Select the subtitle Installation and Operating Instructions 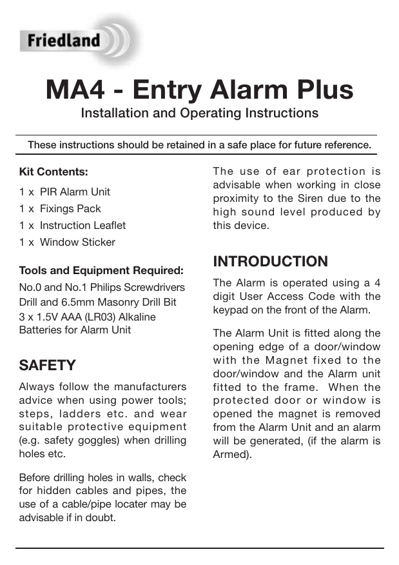pyautogui.click(x=199, y=114)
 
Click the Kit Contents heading pyautogui.click(x=54, y=172)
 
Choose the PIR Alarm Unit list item pyautogui.click(x=75, y=192)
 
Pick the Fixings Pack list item pyautogui.click(x=70, y=209)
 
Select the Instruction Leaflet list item pyautogui.click(x=83, y=226)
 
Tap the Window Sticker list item pyautogui.click(x=77, y=243)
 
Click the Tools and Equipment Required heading pyautogui.click(x=101, y=270)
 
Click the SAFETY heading pyautogui.click(x=47, y=366)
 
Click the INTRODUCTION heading pyautogui.click(x=270, y=262)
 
